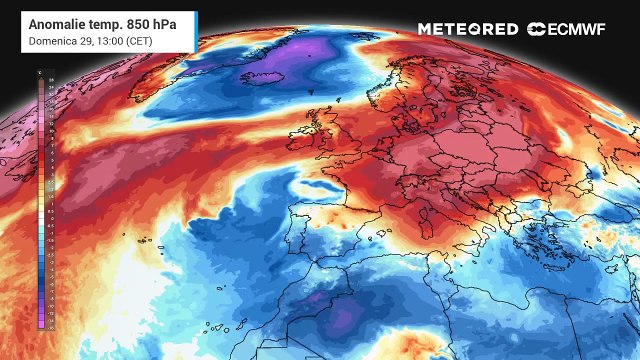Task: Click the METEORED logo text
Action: (468, 29)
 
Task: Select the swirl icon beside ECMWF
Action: (537, 29)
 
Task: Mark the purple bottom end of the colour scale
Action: (40, 322)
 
